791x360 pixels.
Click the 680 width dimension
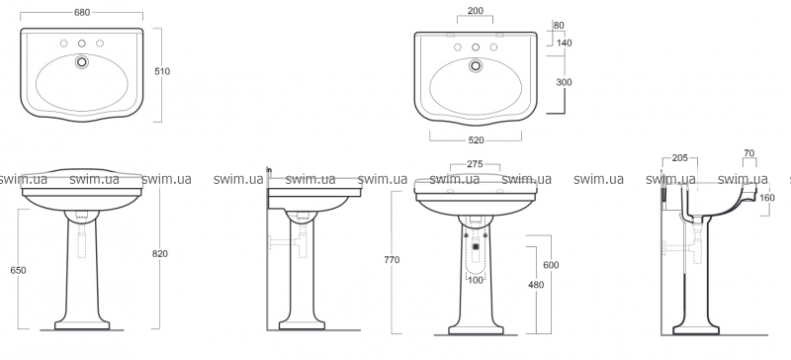click(x=82, y=13)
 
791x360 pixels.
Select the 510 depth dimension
click(x=162, y=71)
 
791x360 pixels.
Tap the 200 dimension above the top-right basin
click(x=476, y=11)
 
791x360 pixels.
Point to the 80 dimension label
click(x=559, y=26)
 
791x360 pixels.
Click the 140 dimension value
click(x=565, y=44)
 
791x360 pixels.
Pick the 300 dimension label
click(x=564, y=82)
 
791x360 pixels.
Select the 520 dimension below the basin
click(x=476, y=140)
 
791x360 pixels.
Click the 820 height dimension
click(x=160, y=254)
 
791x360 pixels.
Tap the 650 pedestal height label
click(x=18, y=271)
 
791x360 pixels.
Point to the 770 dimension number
click(x=392, y=260)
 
